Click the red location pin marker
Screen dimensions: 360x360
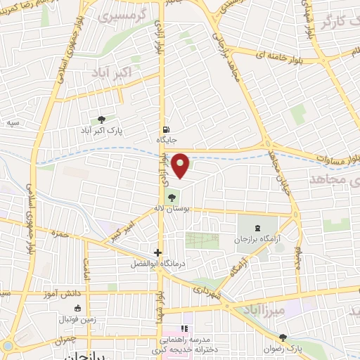181,165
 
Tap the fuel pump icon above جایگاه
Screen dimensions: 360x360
165,129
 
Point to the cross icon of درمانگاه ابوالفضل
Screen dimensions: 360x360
158,252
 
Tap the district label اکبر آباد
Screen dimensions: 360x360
112,73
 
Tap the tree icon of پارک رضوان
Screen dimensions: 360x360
283,337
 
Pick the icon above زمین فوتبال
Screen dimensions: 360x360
77,308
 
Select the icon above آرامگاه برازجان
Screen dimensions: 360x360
256,228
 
